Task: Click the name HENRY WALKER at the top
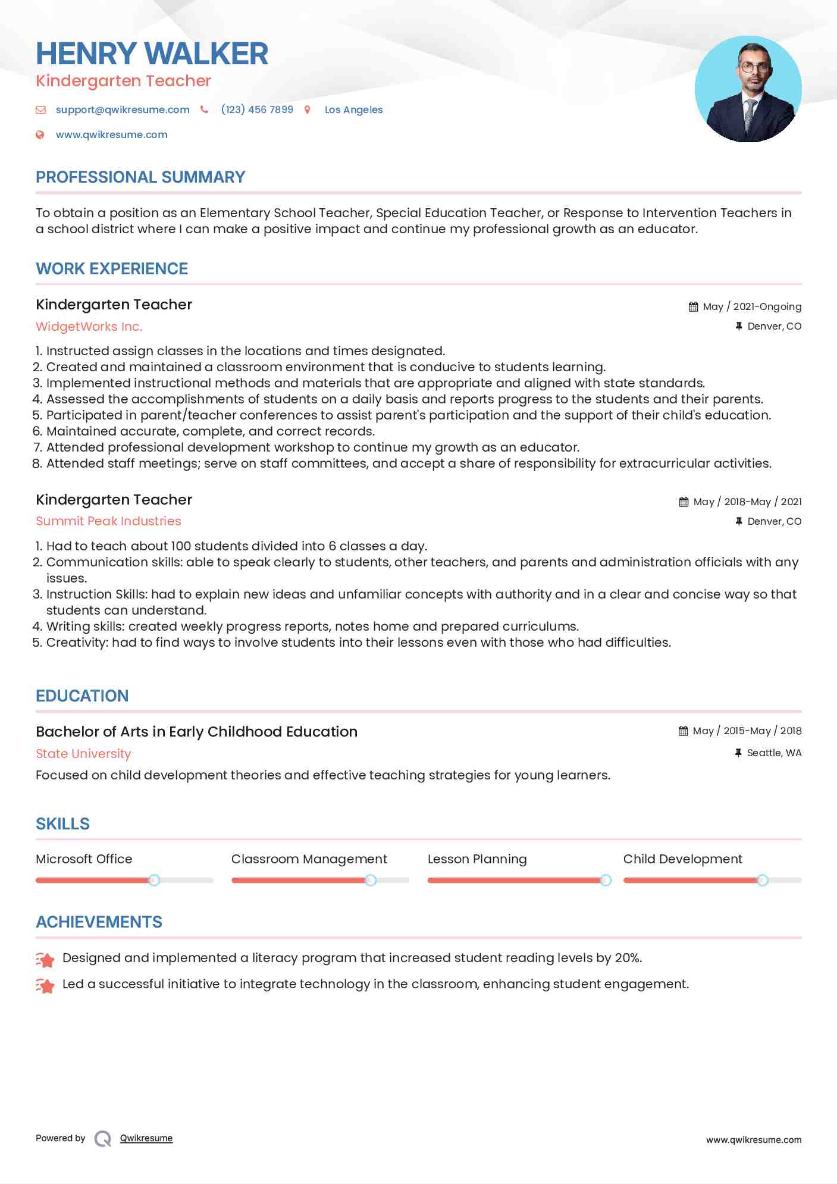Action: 152,54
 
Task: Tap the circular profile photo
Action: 748,89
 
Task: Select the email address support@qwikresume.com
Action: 123,109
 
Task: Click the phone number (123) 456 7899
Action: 257,109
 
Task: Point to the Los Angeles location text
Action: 353,109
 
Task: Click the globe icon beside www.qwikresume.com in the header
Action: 40,135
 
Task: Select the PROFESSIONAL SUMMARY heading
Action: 140,177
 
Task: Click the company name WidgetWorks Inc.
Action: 89,327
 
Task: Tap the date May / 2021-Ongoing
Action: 752,307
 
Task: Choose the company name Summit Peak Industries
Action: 108,521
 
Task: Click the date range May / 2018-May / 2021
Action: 747,502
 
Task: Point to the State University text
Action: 83,754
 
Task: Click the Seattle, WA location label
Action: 774,753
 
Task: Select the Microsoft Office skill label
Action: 84,859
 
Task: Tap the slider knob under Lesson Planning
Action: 606,880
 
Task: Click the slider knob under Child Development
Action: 762,880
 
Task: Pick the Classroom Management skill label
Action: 309,859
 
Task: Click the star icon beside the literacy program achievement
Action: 46,959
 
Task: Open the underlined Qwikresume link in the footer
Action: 146,1138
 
